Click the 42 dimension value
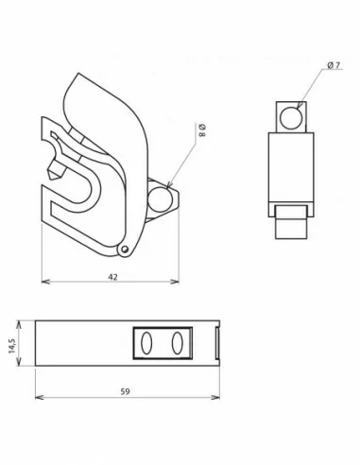[112, 278]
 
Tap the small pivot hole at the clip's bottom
[125, 250]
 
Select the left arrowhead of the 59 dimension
[37, 394]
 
